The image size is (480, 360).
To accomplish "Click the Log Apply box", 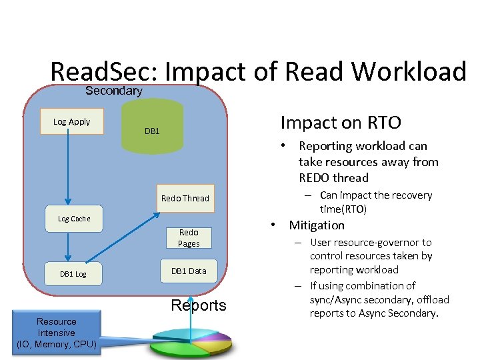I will [72, 121].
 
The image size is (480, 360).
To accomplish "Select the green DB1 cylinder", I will [153, 127].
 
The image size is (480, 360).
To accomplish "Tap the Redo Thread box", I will [185, 198].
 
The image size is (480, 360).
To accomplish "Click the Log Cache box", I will [74, 219].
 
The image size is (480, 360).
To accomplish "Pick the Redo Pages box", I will [189, 238].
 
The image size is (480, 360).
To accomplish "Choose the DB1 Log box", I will [73, 274].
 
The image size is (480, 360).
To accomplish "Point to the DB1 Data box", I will [189, 271].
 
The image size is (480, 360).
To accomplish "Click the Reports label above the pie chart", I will [199, 305].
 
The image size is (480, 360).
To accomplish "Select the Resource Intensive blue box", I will [57, 333].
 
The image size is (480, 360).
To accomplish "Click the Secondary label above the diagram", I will [113, 91].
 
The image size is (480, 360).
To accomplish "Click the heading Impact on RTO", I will [341, 123].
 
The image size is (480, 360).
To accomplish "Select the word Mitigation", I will [317, 225].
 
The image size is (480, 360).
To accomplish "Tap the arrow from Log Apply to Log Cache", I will [67, 167].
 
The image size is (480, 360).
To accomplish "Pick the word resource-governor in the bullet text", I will [381, 243].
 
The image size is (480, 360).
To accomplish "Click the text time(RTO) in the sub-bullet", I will [343, 209].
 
